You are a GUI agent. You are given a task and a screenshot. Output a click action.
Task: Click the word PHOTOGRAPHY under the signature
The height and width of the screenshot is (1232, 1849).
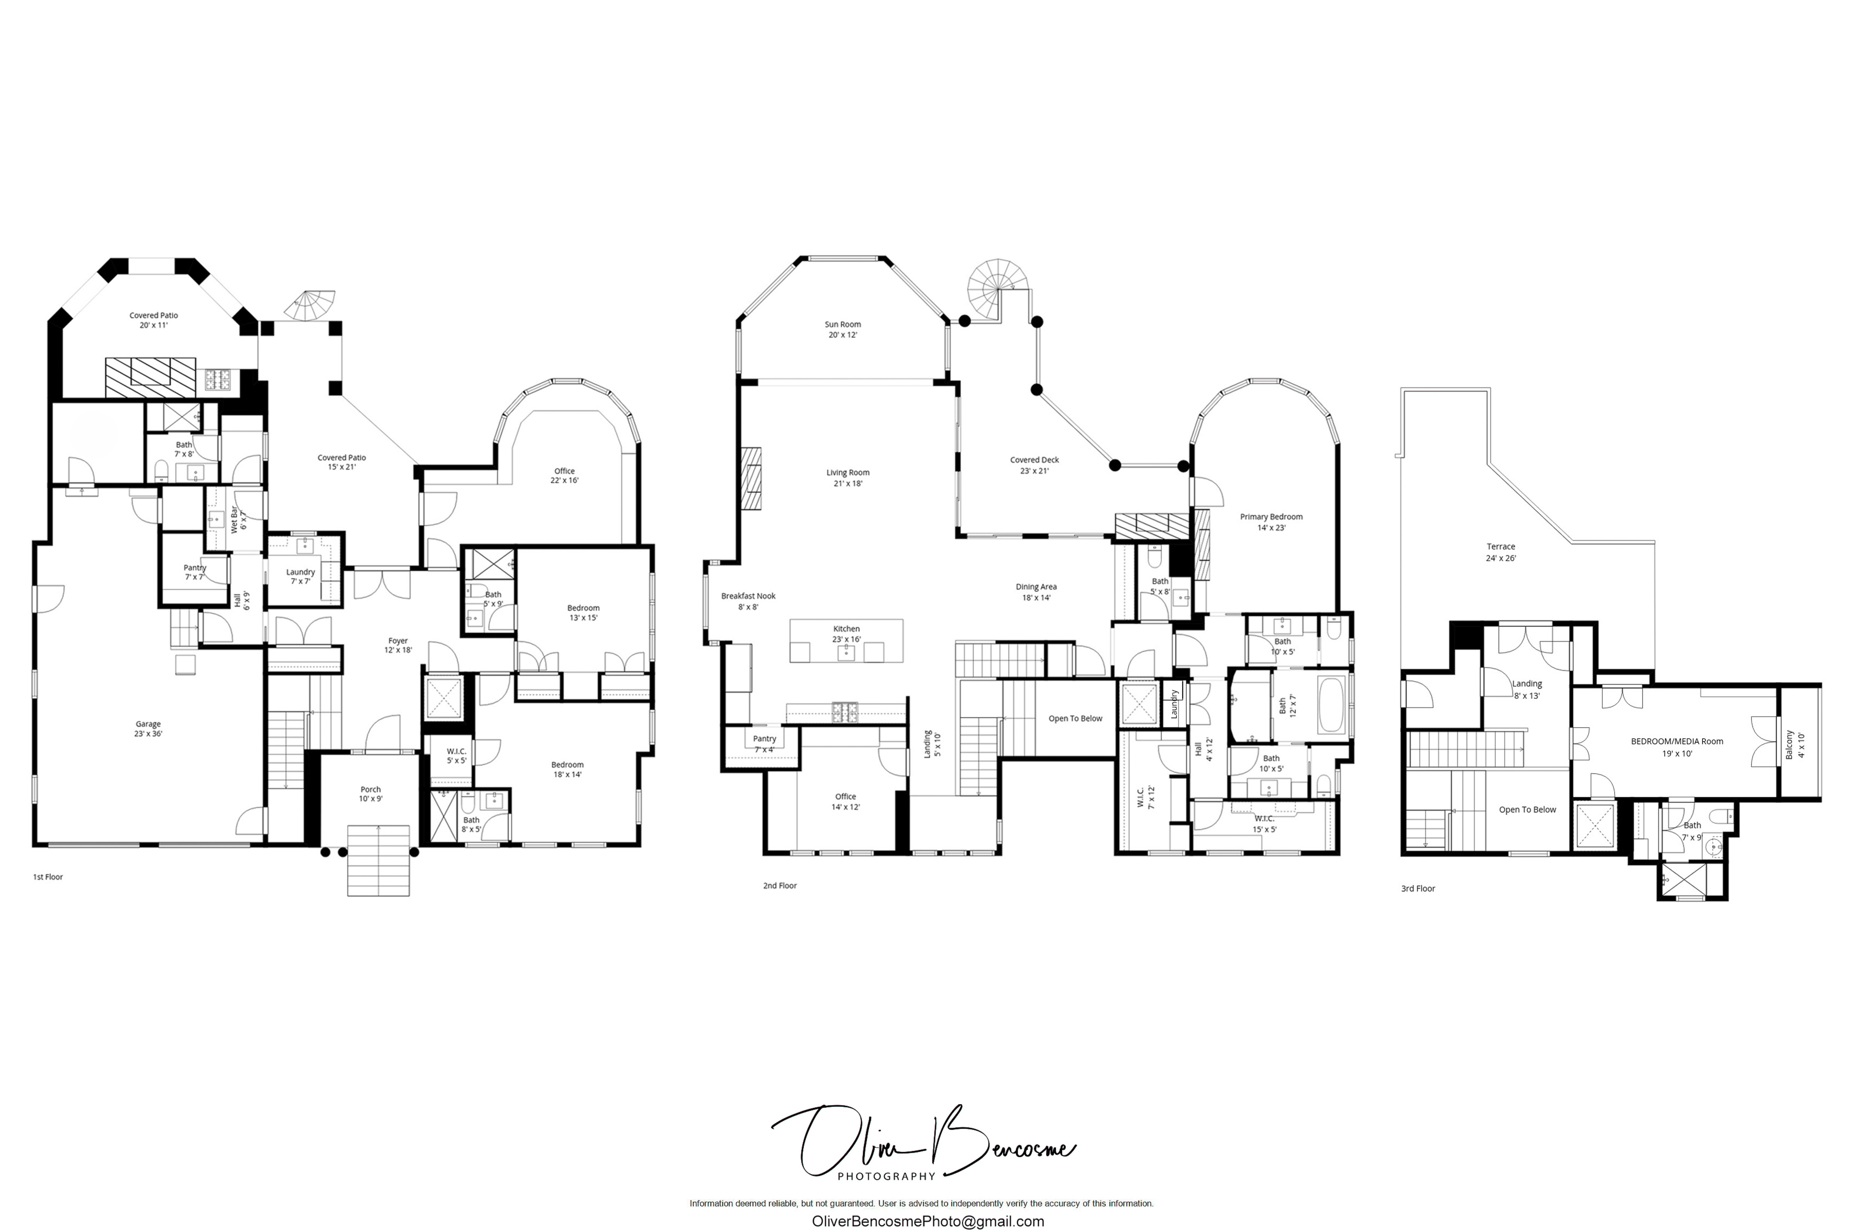click(x=886, y=1176)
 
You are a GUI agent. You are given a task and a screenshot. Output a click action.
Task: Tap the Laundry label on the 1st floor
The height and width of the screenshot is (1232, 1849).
click(x=300, y=576)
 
